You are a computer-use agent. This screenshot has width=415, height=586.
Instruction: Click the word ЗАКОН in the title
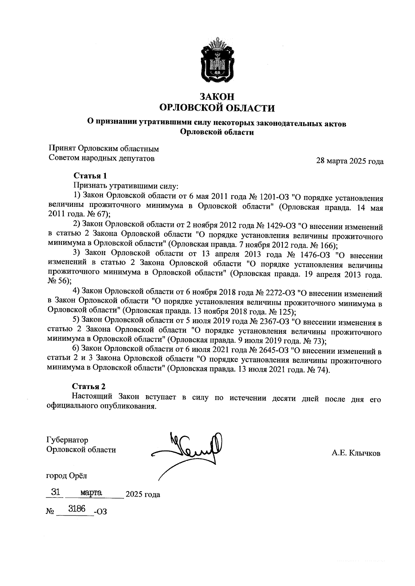coord(217,96)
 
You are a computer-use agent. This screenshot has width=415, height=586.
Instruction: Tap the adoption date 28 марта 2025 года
coord(350,161)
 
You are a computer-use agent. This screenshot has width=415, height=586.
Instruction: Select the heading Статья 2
coord(89,386)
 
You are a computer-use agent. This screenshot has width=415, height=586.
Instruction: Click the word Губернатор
coord(67,440)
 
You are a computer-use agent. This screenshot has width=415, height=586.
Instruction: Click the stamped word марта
coord(90,492)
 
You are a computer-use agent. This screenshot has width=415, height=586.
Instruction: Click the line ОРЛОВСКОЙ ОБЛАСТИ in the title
coord(217,108)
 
